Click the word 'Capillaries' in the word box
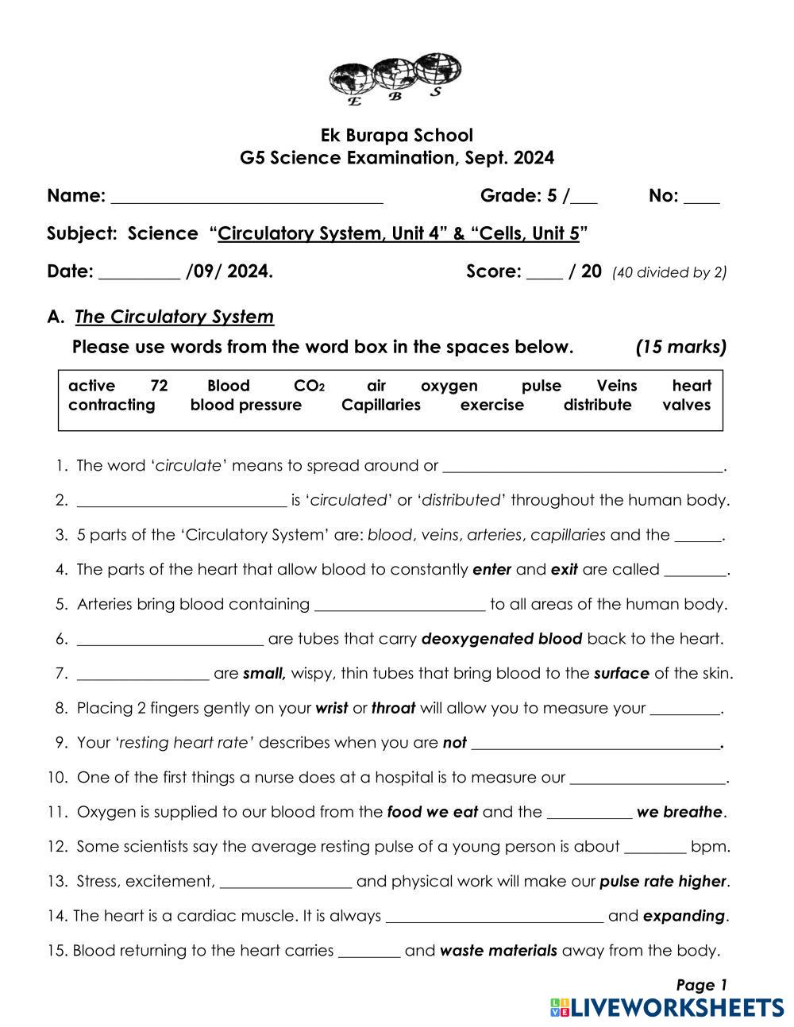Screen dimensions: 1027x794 [381, 405]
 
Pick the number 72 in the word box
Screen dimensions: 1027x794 [159, 386]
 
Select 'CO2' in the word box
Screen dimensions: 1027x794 [309, 386]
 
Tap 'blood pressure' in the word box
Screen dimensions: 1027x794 [246, 405]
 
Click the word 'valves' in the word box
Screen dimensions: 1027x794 [687, 405]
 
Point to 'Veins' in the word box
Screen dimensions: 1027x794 [617, 386]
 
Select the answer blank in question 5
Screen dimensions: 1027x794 [400, 607]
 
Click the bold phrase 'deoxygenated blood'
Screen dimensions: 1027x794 [502, 639]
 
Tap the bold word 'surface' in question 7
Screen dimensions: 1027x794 [622, 674]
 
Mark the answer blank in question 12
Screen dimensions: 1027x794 [656, 849]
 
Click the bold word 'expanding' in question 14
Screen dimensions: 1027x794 [684, 916]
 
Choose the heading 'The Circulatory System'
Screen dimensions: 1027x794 [174, 317]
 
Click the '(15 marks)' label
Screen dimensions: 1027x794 [680, 347]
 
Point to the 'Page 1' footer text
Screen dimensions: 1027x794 [701, 985]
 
